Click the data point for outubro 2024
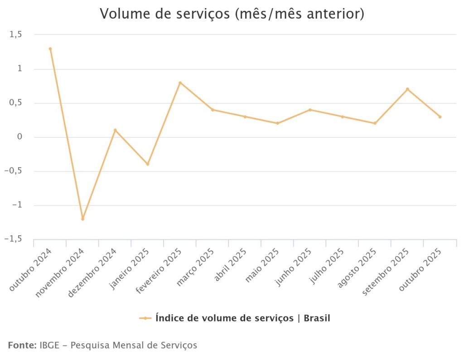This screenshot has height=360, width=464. (x=50, y=49)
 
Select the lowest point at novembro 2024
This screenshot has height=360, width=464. (x=82, y=219)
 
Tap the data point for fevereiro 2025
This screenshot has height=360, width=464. (x=180, y=83)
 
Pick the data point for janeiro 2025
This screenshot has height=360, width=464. (x=147, y=164)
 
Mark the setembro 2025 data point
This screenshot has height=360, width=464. (x=407, y=89)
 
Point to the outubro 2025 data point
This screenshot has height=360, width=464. (x=440, y=117)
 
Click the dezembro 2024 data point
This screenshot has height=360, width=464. (x=115, y=130)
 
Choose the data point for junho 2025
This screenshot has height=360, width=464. (x=310, y=110)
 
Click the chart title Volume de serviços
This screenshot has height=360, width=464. (x=232, y=14)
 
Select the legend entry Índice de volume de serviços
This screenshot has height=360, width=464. (x=242, y=318)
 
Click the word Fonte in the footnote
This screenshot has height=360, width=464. (x=22, y=345)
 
